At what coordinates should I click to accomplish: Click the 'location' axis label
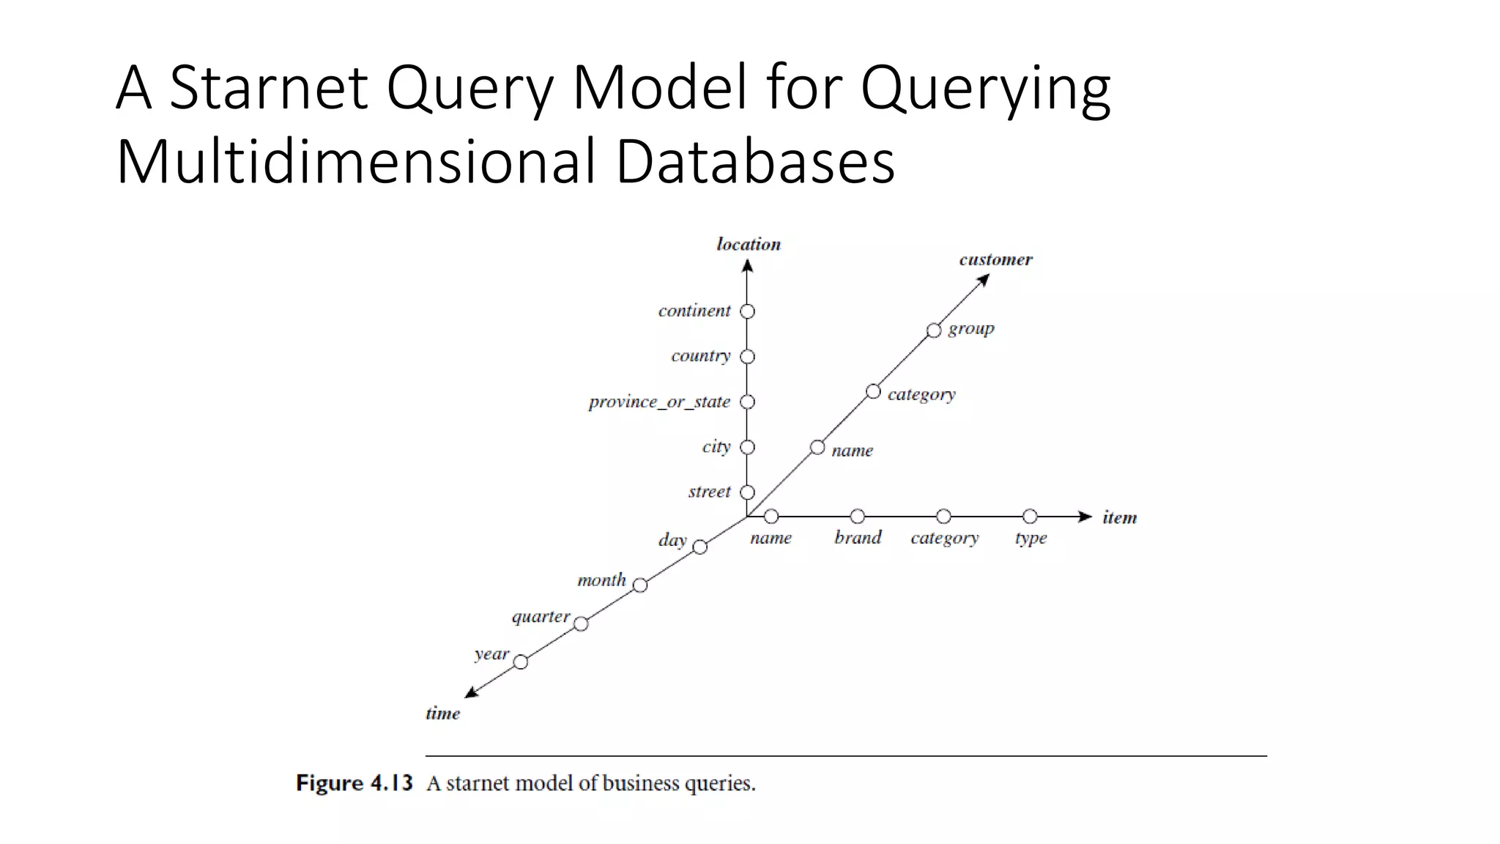click(749, 244)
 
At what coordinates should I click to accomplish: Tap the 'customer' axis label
click(995, 259)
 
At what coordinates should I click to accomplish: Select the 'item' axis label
click(1119, 517)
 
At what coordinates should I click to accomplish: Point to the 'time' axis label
click(442, 713)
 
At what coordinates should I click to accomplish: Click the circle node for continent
click(747, 311)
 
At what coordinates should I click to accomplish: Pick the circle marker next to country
click(747, 357)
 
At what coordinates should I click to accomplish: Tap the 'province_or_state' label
click(659, 402)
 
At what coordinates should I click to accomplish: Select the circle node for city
click(747, 447)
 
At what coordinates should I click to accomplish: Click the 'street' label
click(709, 492)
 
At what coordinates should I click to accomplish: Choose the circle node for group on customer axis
click(934, 330)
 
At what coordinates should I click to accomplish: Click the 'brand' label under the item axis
click(858, 538)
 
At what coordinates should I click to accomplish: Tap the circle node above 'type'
click(1030, 517)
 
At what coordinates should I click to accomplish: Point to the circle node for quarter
click(581, 624)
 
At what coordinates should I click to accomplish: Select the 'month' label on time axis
click(601, 580)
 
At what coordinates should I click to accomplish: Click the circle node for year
click(521, 662)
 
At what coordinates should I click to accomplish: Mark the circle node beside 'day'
click(700, 547)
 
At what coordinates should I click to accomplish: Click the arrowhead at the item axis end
click(1085, 517)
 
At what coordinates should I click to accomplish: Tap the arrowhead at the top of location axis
click(747, 267)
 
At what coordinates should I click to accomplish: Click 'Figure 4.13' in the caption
click(354, 783)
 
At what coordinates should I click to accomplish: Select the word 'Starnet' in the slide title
click(268, 87)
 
